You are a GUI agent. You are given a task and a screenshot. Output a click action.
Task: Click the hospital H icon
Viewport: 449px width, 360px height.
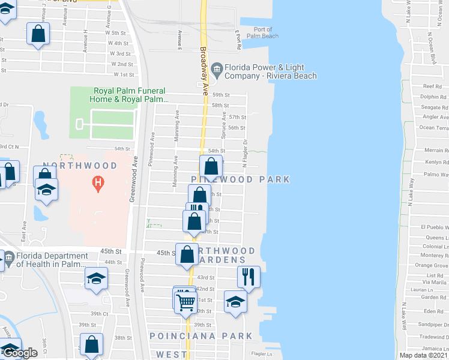(95, 182)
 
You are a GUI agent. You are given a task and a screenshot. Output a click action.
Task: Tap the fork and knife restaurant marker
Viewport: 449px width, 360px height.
(248, 277)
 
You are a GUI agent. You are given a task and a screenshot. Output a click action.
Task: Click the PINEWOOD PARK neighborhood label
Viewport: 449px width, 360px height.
(241, 179)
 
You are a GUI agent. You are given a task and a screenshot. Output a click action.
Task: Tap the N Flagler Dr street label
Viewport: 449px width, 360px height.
(245, 154)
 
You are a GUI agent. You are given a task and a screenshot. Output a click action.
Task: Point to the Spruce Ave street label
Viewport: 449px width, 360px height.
(224, 125)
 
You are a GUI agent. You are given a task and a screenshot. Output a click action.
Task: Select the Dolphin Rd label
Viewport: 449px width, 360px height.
(433, 97)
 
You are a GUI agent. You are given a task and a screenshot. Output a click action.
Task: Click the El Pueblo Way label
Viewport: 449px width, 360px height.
(434, 227)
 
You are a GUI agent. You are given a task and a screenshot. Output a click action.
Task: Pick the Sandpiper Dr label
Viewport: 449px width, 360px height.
(432, 322)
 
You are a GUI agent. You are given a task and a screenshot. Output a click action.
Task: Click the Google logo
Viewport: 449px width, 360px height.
(20, 353)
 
